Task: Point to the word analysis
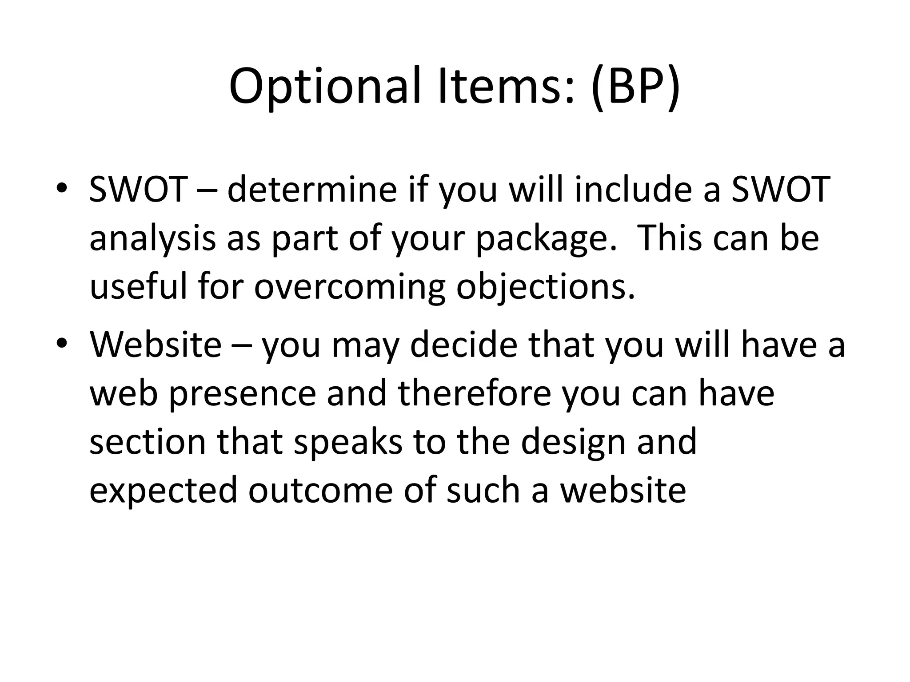tap(152, 238)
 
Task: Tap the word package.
tap(547, 238)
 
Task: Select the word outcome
tap(320, 491)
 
